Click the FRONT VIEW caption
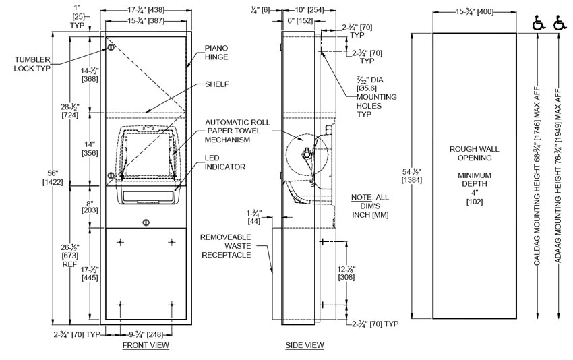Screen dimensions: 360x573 146,345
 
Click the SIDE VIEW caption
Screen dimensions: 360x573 305,345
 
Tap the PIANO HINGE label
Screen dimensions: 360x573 218,53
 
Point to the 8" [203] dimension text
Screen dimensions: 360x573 88,206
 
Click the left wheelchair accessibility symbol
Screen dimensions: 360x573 539,26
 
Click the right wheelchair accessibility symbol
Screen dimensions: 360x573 560,26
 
